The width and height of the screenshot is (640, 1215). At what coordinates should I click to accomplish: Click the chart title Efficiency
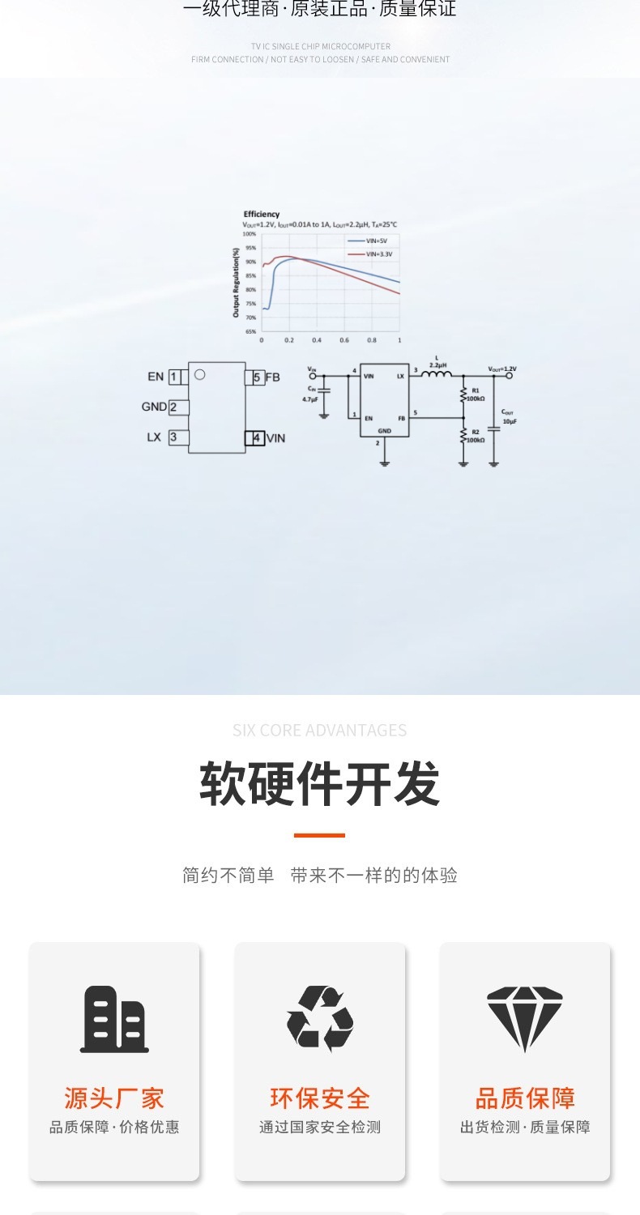(x=262, y=215)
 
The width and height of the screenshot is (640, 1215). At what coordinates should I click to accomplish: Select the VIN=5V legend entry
(x=377, y=241)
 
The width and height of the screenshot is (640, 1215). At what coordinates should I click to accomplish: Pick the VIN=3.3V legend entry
(x=378, y=254)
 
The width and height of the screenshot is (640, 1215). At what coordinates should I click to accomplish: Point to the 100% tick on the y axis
(x=250, y=233)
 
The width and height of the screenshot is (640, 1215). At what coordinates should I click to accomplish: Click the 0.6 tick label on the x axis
(x=344, y=340)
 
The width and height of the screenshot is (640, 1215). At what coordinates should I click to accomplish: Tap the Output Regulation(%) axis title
(x=237, y=283)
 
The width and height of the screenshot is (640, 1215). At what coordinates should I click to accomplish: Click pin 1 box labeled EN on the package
(x=174, y=377)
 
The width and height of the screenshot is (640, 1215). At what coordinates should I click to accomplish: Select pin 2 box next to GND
(x=174, y=407)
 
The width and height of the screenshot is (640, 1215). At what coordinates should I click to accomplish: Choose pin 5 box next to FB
(x=256, y=377)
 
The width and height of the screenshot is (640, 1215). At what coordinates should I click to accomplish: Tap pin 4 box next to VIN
(x=256, y=438)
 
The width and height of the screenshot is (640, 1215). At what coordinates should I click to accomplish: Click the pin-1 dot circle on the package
(x=200, y=374)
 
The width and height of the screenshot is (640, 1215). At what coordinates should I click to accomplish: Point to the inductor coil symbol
(x=437, y=373)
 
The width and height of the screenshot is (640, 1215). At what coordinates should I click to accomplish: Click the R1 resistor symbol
(x=463, y=394)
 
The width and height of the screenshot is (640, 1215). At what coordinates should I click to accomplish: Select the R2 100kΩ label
(x=476, y=436)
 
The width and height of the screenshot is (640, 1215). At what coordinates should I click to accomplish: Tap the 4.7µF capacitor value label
(x=310, y=399)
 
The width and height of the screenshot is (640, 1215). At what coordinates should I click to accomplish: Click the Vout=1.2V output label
(x=502, y=369)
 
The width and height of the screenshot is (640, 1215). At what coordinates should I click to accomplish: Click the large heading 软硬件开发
(x=320, y=784)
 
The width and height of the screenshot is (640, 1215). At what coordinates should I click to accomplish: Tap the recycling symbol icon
(x=320, y=1019)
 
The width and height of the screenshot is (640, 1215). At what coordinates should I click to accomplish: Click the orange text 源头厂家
(x=114, y=1098)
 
